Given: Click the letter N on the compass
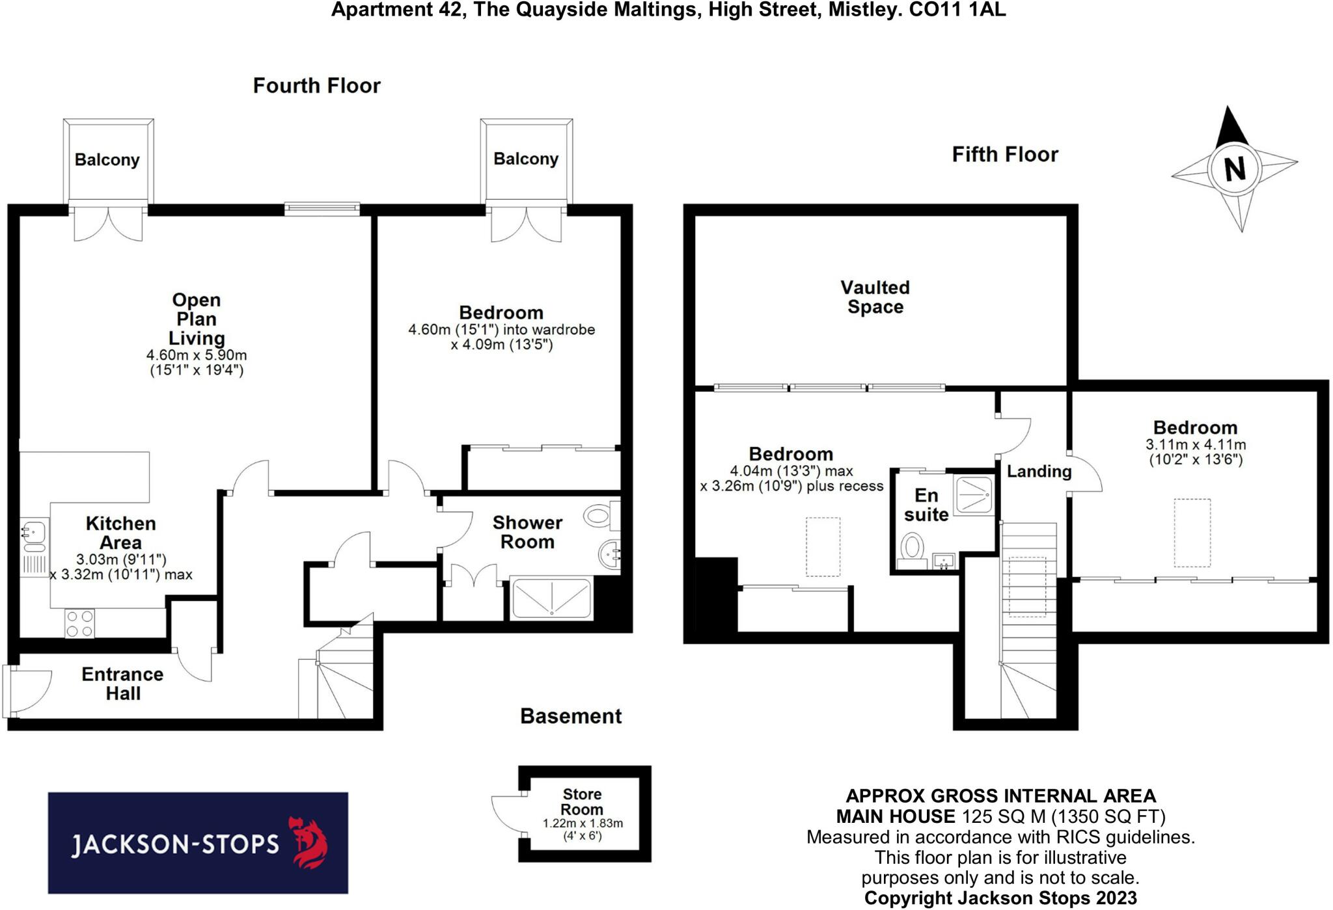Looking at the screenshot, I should (1235, 169).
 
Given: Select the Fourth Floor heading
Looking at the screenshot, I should (316, 86).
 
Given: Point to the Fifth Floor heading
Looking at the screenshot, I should (1005, 155).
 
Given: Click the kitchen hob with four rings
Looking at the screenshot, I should (79, 623).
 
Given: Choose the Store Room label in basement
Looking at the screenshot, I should (582, 801).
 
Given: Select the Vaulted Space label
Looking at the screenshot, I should (875, 297).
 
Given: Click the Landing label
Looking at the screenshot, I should (1039, 472).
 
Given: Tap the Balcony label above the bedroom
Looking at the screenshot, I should (526, 159).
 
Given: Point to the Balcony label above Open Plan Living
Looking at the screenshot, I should (107, 160).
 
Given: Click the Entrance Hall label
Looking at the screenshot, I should (122, 684).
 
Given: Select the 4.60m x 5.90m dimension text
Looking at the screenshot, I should (196, 356).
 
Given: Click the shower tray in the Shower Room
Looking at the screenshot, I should (552, 598).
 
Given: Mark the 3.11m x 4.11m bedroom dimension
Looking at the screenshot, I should (1195, 445).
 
